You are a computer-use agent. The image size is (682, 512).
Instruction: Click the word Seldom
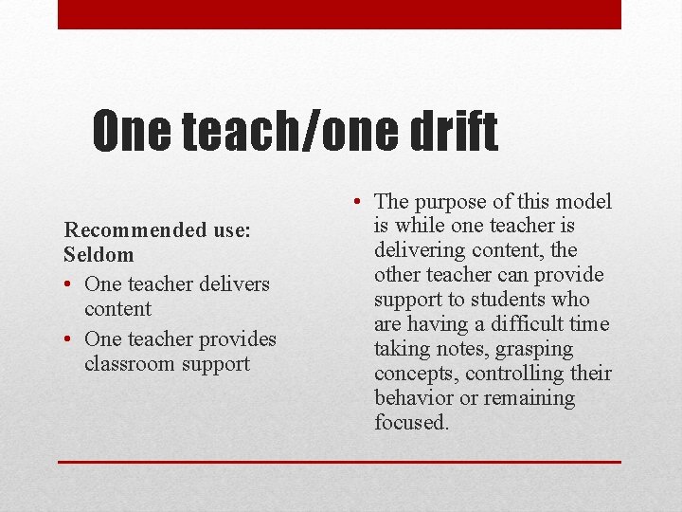99,254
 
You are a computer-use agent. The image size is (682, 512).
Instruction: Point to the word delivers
233,283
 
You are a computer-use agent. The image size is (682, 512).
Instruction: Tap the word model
583,201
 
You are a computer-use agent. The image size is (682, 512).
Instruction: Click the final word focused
411,423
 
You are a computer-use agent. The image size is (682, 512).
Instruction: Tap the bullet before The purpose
353,202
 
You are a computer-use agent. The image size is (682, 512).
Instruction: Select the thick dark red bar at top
339,14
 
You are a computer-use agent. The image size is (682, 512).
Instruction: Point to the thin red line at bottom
339,462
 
